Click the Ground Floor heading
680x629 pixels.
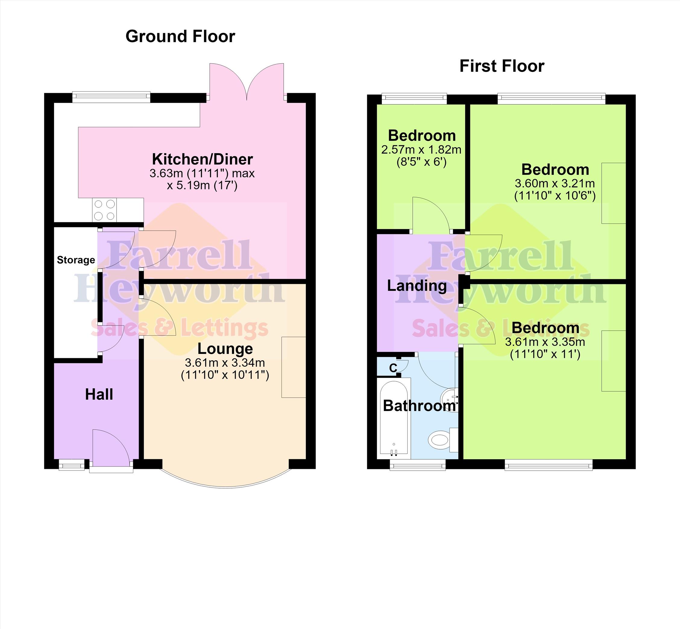[x=180, y=36]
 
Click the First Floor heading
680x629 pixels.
[x=502, y=66]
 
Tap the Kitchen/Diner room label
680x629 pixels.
[x=202, y=159]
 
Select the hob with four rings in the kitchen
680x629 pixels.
[x=104, y=210]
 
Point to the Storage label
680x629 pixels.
[x=76, y=260]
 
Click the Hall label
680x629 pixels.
[x=99, y=394]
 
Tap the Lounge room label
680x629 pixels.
[x=225, y=349]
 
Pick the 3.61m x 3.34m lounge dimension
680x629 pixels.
[x=225, y=363]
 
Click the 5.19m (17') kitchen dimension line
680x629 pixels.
[x=202, y=186]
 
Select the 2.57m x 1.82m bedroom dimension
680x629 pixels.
[x=421, y=150]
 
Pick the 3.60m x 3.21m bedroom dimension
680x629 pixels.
[x=555, y=184]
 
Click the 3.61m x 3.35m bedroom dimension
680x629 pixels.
[x=545, y=342]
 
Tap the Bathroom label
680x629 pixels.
[x=420, y=406]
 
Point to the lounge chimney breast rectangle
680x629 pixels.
[x=294, y=367]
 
